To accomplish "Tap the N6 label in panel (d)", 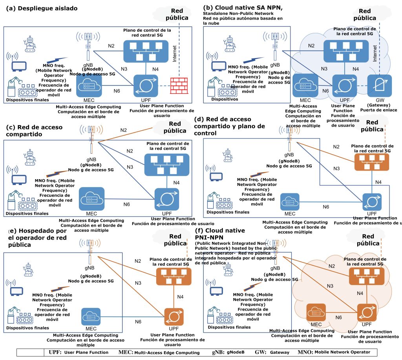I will tap(326, 207).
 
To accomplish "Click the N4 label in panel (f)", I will tap(360, 293).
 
